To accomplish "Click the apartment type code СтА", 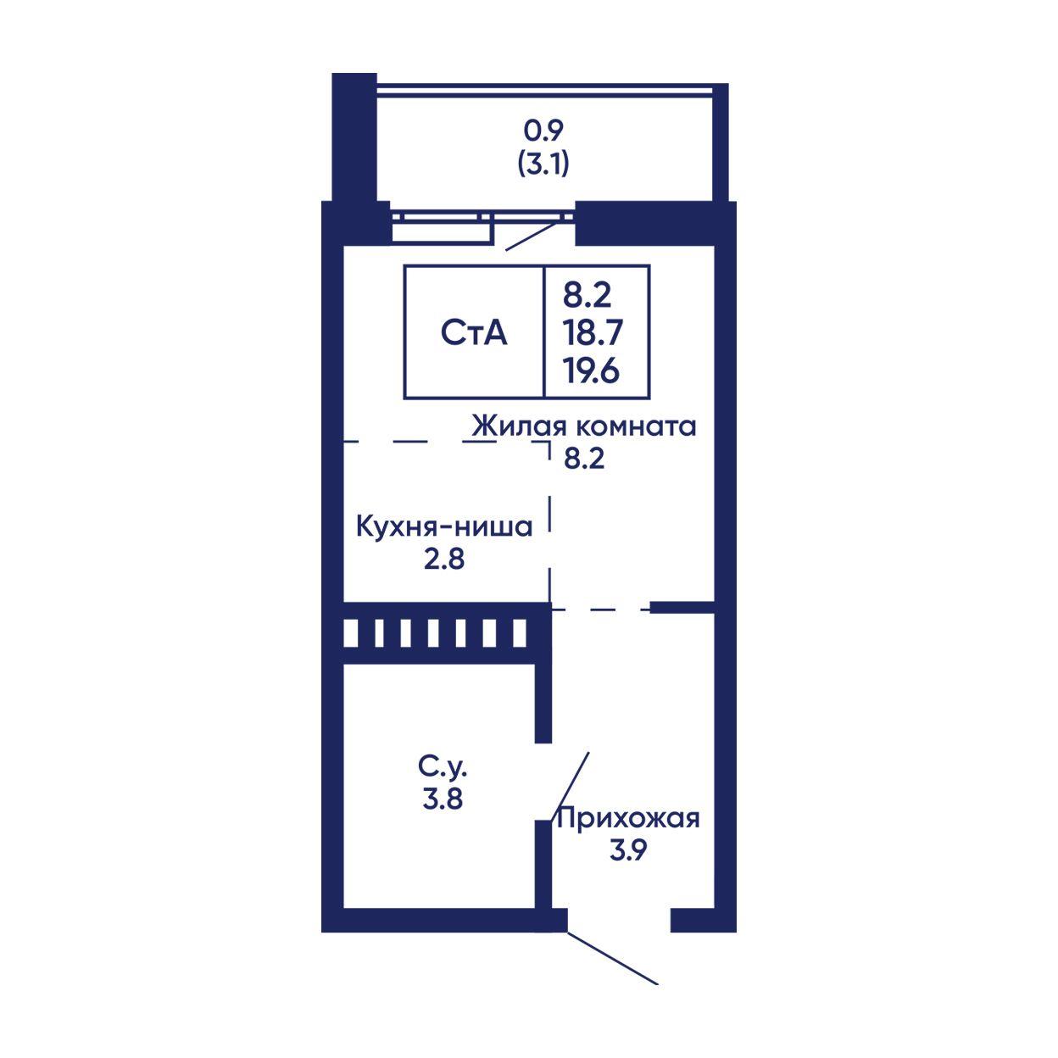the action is pos(474,333).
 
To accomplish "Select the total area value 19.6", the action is pos(591,370).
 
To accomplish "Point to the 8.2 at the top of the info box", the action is pos(587,295).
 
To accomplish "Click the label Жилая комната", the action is pos(585,426).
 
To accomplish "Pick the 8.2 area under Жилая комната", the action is pos(584,459).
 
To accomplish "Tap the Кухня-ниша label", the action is pos(445,526).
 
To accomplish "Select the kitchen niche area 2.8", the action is pos(443,560).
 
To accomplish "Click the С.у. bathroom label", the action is pos(443,767).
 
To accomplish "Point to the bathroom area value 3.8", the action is pos(443,799).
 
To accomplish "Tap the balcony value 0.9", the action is pos(543,131).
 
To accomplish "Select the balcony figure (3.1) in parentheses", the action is pos(543,163).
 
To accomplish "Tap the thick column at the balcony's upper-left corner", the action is pos(354,137).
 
